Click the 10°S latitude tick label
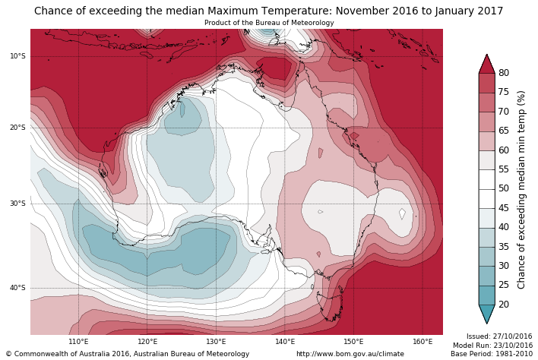[x=17, y=56]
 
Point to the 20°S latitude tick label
[x=17, y=128]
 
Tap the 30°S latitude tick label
[x=17, y=204]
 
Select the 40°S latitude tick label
[x=17, y=288]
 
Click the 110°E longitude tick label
[x=78, y=342]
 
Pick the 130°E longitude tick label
[x=216, y=342]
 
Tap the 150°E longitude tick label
[x=353, y=342]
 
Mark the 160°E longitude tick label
[x=422, y=342]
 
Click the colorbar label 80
[x=504, y=73]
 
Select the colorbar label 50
[x=504, y=188]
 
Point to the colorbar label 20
[x=504, y=305]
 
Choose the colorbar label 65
[x=504, y=131]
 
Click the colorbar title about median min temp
[x=521, y=189]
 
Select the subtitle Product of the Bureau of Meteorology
[x=269, y=23]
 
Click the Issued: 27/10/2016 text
[x=499, y=336]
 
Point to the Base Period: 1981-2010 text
[x=492, y=354]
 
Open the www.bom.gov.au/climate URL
[x=350, y=354]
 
